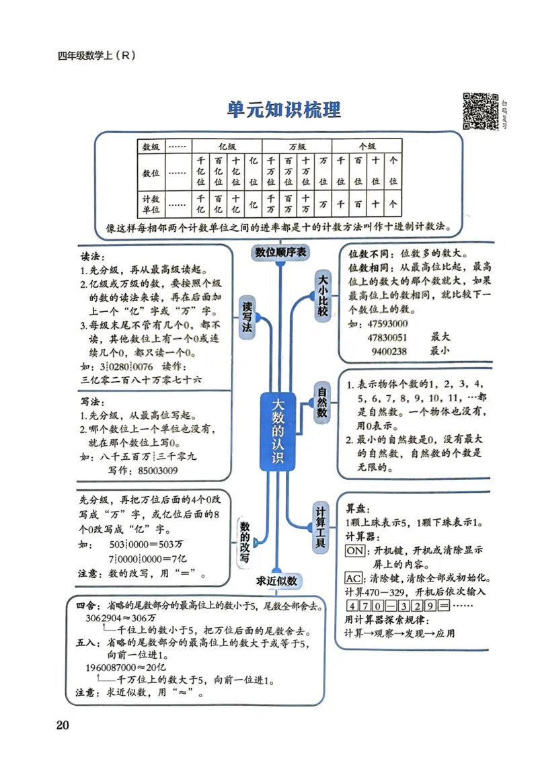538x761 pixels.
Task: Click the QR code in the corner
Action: [x=480, y=110]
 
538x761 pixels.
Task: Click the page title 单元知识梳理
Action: [x=283, y=109]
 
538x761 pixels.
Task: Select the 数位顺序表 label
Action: [x=280, y=252]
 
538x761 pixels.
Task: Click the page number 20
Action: [x=63, y=725]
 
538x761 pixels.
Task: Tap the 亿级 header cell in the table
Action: [x=227, y=146]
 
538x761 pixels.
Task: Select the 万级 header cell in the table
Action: [x=297, y=146]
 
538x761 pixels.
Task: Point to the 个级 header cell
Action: [x=367, y=146]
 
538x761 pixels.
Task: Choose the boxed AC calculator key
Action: [x=353, y=578]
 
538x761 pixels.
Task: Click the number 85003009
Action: [x=159, y=471]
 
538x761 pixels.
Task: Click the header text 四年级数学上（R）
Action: [x=97, y=56]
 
